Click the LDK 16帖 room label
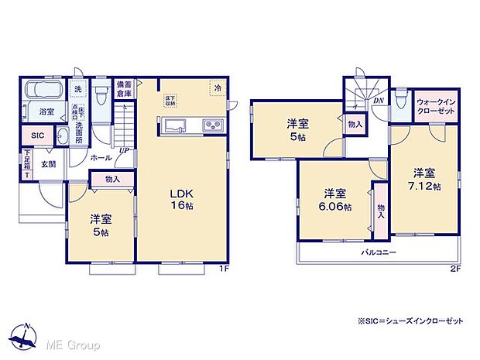point(183,200)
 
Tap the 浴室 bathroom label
point(46,111)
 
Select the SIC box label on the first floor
point(39,135)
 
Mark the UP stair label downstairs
point(124,150)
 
